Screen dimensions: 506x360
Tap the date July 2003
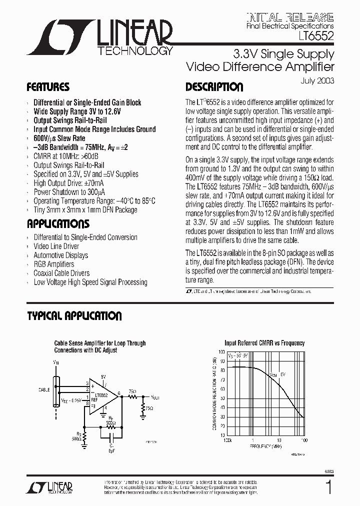(318, 80)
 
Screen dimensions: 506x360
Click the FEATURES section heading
(48, 87)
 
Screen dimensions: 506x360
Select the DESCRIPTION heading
(214, 87)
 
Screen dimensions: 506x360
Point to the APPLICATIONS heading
(58, 223)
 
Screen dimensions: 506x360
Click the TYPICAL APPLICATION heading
(74, 316)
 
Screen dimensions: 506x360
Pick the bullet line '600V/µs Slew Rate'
(59, 138)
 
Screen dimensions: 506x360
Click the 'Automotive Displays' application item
(60, 255)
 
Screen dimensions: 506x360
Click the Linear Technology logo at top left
(99, 37)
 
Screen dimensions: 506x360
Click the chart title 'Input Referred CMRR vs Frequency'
(264, 343)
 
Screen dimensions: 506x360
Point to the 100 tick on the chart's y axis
(221, 351)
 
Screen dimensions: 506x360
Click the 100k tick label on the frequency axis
(227, 440)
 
